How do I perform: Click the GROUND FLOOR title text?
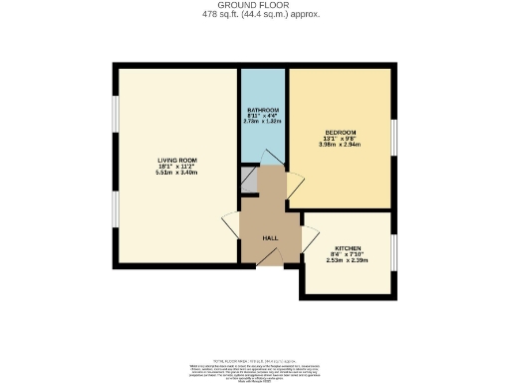pos(254,5)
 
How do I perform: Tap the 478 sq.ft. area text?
pos(254,14)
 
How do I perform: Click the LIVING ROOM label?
pos(176,160)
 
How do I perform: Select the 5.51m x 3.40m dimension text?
pos(176,173)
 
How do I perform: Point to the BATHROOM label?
pos(262,109)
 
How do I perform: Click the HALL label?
pos(270,238)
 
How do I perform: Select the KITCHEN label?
pos(347,248)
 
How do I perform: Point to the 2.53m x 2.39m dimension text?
pos(347,260)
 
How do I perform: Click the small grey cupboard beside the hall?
pos(249,180)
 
